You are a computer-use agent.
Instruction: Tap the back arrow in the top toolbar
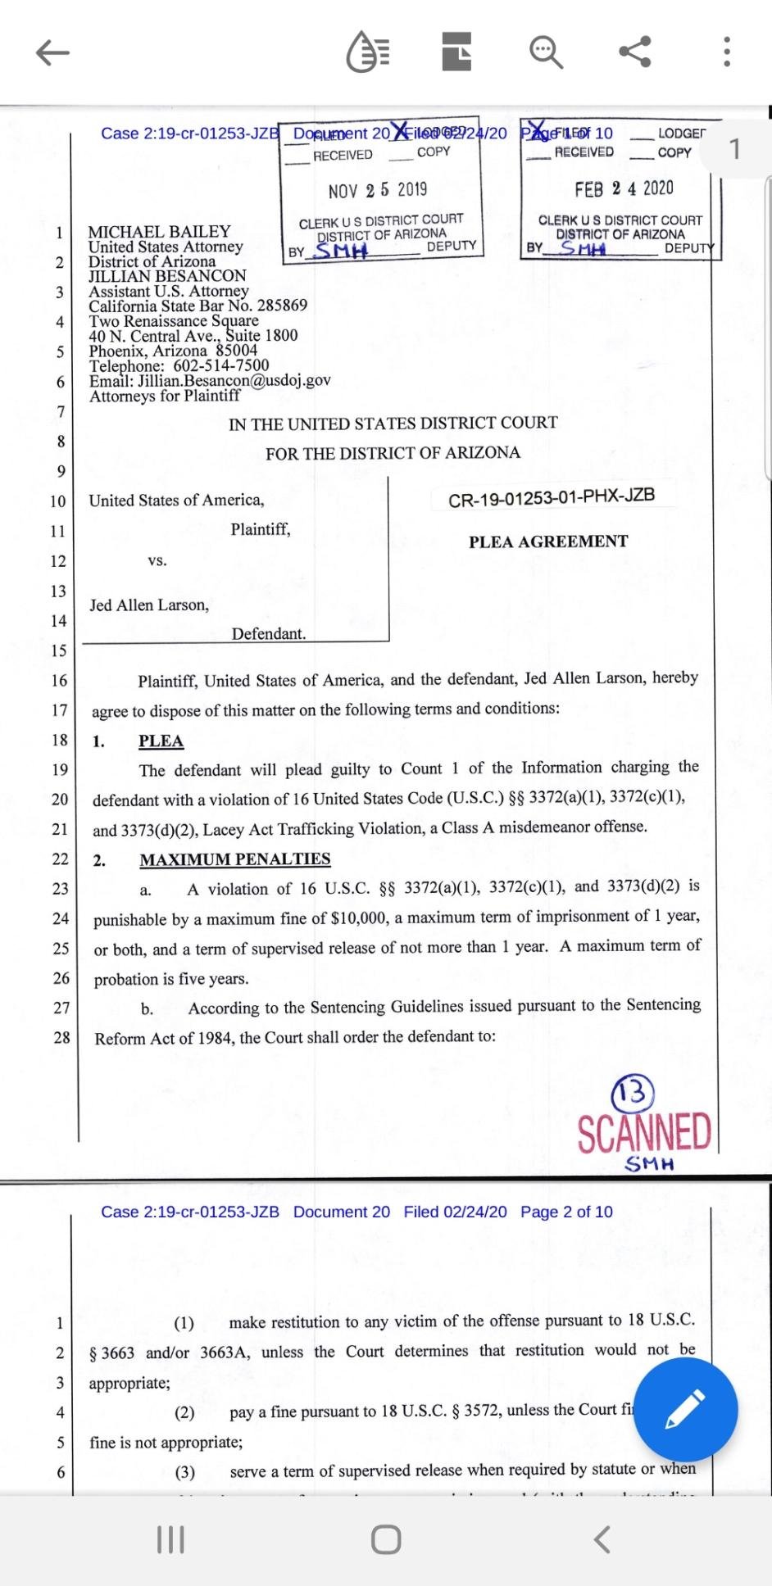(53, 53)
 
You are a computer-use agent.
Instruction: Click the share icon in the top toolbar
(635, 52)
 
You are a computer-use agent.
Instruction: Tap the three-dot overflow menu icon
(726, 52)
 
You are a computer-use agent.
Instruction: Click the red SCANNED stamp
(644, 1133)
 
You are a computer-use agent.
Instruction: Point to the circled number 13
(633, 1092)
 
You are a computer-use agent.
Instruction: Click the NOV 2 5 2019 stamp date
(378, 190)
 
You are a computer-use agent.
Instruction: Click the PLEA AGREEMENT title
(548, 542)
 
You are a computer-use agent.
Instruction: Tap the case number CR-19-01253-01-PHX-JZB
(552, 496)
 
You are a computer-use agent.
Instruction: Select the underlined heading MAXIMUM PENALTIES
(235, 859)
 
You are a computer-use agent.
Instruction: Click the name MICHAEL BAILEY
(159, 232)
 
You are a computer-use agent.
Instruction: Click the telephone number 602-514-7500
(221, 366)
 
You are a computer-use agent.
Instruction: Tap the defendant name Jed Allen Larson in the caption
(149, 605)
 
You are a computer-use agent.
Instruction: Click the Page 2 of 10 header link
(566, 1212)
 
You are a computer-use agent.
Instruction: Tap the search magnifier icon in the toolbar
(546, 52)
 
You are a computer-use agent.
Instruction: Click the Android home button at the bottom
(386, 1539)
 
